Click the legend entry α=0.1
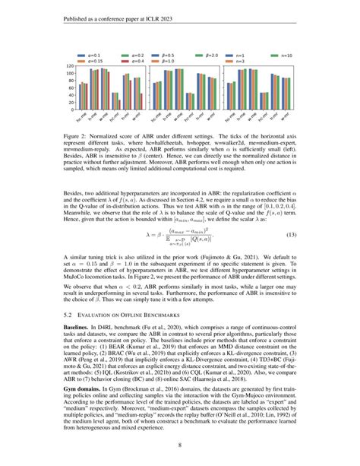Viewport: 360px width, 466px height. (x=87, y=55)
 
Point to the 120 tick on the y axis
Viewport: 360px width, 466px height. (x=70, y=67)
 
